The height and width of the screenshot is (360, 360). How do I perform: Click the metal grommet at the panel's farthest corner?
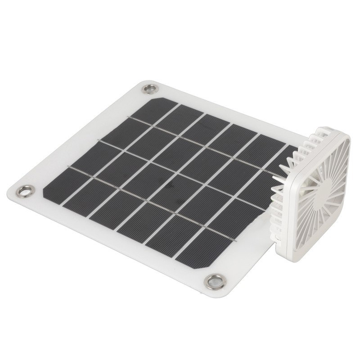tap(149, 89)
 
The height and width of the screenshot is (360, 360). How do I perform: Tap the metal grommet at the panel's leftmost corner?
tap(25, 191)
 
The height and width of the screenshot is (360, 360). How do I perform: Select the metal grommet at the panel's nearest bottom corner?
tap(215, 282)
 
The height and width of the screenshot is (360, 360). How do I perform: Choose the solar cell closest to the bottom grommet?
tap(198, 252)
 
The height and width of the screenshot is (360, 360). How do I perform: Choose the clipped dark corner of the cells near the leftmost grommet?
tap(45, 191)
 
